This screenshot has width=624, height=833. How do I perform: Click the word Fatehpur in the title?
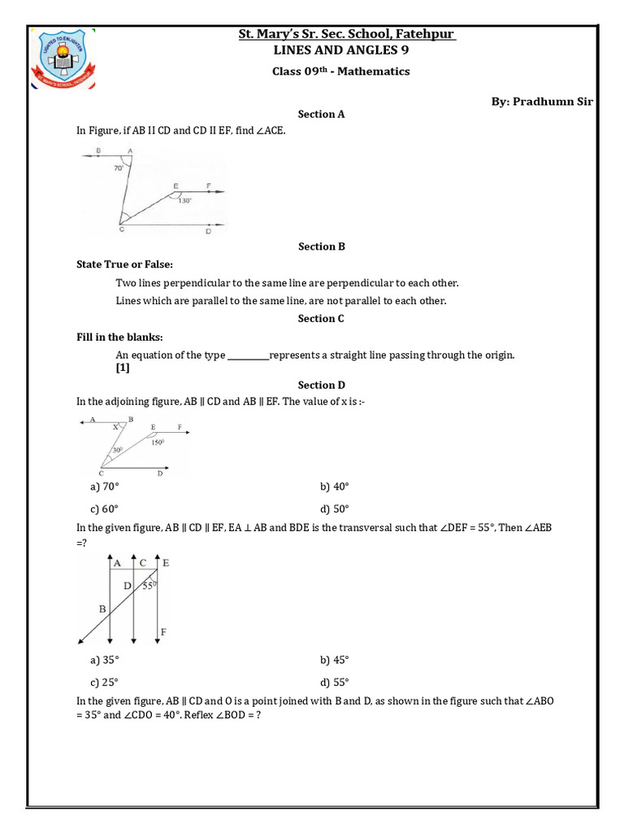(425, 34)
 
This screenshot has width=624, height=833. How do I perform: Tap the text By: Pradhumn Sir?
(542, 101)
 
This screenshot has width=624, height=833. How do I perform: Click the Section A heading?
(321, 115)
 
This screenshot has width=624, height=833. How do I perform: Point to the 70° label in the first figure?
(119, 168)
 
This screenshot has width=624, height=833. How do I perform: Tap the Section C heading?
(321, 319)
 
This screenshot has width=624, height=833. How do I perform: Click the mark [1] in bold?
(123, 368)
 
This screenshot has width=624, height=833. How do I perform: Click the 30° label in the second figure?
(118, 449)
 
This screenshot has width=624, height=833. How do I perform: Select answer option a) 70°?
(104, 486)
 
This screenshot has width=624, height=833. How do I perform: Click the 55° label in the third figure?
(149, 585)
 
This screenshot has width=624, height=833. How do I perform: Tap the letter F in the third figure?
(165, 631)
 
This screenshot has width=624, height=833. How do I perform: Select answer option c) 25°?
(104, 683)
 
